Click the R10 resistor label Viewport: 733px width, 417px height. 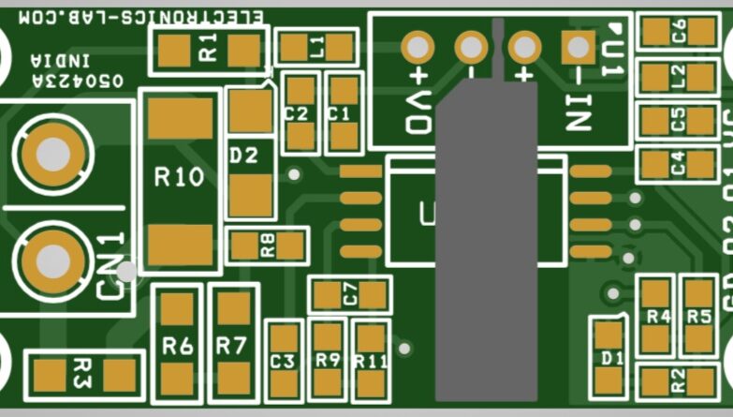tap(179, 177)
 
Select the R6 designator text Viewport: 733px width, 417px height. tap(178, 346)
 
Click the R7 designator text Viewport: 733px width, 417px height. tap(230, 346)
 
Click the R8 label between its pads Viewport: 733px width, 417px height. tap(269, 246)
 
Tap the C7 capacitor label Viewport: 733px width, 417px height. tap(350, 295)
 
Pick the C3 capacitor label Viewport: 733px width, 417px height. tap(283, 361)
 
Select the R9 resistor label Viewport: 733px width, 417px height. tap(328, 360)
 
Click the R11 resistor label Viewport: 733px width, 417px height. tap(372, 361)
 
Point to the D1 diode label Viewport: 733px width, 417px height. tap(612, 358)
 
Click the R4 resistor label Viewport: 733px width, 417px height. tap(659, 316)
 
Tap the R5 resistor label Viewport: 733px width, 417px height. tap(699, 316)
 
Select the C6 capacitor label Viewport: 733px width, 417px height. tap(679, 31)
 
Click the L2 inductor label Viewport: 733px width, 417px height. tap(679, 76)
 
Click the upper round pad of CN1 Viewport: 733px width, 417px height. tap(50, 153)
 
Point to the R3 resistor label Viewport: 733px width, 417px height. tap(81, 375)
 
